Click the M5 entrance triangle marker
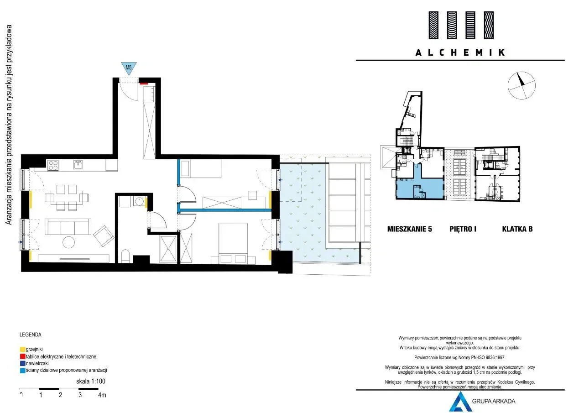[x=129, y=68]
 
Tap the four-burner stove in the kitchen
[x=53, y=165]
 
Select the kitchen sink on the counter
[x=78, y=165]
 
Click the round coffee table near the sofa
[x=69, y=242]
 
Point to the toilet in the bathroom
[x=125, y=256]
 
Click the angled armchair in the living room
[x=104, y=236]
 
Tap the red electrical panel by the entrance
[x=144, y=84]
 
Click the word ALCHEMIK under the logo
[x=460, y=52]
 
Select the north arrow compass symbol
[x=521, y=85]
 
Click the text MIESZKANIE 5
[x=410, y=229]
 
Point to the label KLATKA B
[x=517, y=229]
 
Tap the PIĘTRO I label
[x=463, y=229]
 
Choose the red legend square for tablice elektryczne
[x=23, y=356]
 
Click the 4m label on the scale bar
[x=102, y=395]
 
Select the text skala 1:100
[x=91, y=381]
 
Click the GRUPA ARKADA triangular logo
[x=460, y=402]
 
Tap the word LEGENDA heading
[x=30, y=335]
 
